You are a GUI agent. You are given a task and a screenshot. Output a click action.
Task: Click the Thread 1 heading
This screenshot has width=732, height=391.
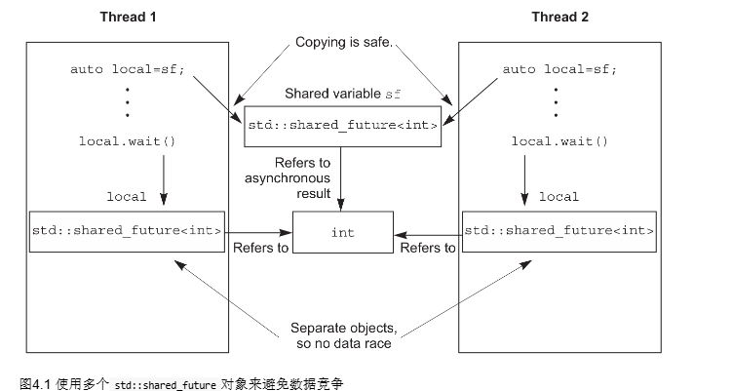pyautogui.click(x=127, y=18)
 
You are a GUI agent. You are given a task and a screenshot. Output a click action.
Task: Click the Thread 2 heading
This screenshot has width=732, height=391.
pyautogui.click(x=559, y=18)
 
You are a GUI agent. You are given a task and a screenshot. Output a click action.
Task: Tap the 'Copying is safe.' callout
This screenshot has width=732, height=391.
pyautogui.click(x=343, y=44)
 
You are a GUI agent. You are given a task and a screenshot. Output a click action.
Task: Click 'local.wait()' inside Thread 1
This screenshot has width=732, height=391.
pyautogui.click(x=127, y=141)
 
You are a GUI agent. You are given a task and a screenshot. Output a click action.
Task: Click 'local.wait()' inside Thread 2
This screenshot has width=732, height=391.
pyautogui.click(x=559, y=141)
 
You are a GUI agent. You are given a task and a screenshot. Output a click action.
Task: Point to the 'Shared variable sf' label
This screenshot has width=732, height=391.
pyautogui.click(x=343, y=94)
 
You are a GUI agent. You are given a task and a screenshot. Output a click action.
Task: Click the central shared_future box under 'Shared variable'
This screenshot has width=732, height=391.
pyautogui.click(x=343, y=125)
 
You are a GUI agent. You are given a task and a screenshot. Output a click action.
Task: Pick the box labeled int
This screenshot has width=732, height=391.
pyautogui.click(x=343, y=233)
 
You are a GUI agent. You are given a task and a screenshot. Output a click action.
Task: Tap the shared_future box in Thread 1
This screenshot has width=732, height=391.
pyautogui.click(x=127, y=231)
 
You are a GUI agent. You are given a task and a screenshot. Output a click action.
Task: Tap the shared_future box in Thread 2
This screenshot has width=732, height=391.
pyautogui.click(x=559, y=231)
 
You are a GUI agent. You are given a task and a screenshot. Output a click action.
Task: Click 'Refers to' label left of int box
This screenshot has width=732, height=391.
pyautogui.click(x=260, y=248)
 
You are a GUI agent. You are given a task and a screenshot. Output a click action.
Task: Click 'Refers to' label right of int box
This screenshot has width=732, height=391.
pyautogui.click(x=428, y=248)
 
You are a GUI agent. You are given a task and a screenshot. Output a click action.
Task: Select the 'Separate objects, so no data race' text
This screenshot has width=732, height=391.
pyautogui.click(x=342, y=334)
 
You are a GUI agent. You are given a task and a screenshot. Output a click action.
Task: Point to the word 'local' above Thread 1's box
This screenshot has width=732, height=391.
pyautogui.click(x=126, y=196)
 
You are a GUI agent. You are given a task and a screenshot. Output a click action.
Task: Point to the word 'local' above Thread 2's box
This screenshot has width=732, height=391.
pyautogui.click(x=559, y=196)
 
